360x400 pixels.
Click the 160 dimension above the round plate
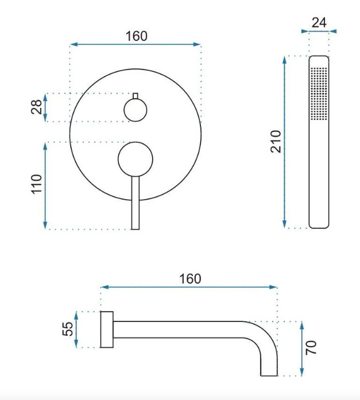coord(137,36)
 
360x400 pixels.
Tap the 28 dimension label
coord(37,107)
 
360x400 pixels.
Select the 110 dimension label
coord(37,184)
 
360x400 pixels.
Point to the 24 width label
coord(319,23)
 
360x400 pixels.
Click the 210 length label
coord(276,142)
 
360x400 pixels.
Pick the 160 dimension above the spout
coord(190,279)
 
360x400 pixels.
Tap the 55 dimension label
coord(68,329)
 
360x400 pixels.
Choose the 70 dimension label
coord(311,347)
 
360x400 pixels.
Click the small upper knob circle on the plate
coord(136,110)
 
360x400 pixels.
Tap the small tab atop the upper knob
coord(136,96)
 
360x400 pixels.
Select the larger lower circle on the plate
coord(136,159)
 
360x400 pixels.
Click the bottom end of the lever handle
coord(136,229)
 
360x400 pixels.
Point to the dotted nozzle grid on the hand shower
coord(319,94)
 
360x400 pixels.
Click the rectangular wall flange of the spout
coord(107,329)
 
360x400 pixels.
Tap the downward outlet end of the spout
coord(269,375)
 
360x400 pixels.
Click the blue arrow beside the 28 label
coord(45,107)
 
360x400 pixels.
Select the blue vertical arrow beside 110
coord(45,186)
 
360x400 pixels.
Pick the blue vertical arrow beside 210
coord(285,142)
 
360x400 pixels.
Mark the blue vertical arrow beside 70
coord(302,348)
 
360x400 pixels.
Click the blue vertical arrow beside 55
coord(76,329)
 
